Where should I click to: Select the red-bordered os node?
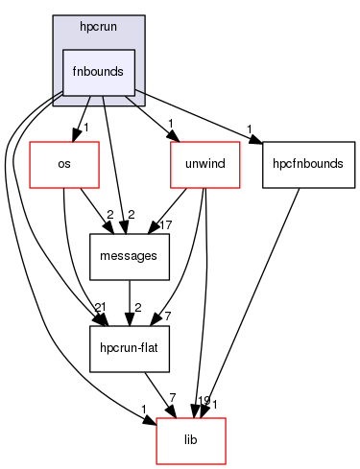point(65,163)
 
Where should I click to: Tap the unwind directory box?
point(204,163)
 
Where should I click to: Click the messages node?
point(129,255)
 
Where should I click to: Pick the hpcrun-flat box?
point(129,347)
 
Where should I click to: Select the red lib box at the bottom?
point(192,440)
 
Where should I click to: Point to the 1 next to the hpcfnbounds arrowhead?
point(248,129)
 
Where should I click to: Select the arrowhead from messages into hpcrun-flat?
point(129,321)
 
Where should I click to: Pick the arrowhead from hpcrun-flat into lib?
point(171,413)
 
